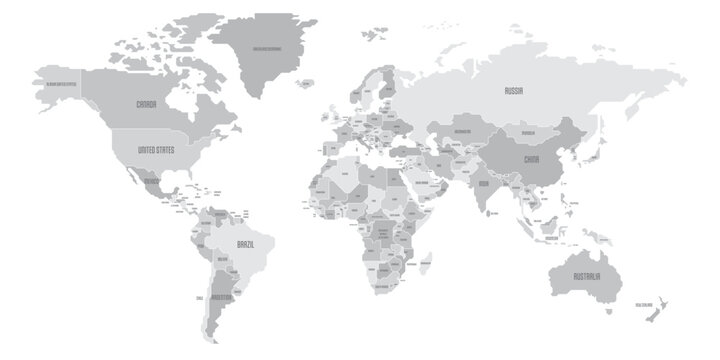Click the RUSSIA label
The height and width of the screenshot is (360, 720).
pos(514,90)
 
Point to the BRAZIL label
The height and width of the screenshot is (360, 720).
pos(249,243)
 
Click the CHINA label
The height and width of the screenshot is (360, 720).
pos(531,157)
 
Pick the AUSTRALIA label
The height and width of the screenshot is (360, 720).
pos(586,276)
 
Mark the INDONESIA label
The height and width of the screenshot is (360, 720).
pos(552,240)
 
